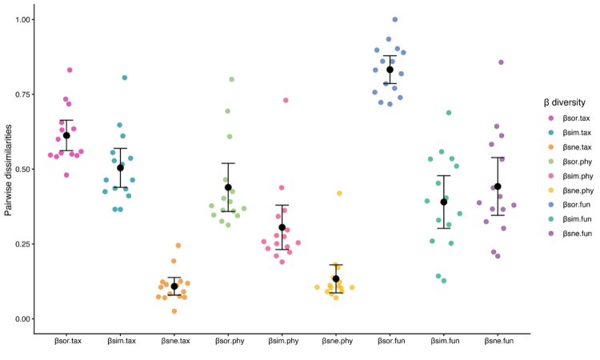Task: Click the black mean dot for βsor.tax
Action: coord(66,135)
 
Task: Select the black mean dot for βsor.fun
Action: coord(390,70)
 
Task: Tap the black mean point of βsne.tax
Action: coord(174,286)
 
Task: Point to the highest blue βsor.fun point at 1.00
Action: coord(395,19)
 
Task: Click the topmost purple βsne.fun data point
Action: coord(501,62)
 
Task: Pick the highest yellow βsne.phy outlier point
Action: coord(339,193)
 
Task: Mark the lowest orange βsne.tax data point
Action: coord(174,311)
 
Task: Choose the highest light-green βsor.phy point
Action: coord(231,79)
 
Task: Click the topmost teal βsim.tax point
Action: coord(124,78)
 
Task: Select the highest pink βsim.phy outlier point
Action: coord(286,100)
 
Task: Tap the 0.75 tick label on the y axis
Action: coord(22,94)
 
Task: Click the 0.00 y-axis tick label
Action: coord(22,319)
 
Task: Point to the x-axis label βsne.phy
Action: coord(337,341)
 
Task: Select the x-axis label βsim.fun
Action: coord(445,341)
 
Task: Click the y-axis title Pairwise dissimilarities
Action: coord(9,170)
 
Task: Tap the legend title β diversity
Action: coord(565,102)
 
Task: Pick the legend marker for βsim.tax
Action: coord(551,133)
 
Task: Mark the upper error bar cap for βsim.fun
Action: coord(444,176)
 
